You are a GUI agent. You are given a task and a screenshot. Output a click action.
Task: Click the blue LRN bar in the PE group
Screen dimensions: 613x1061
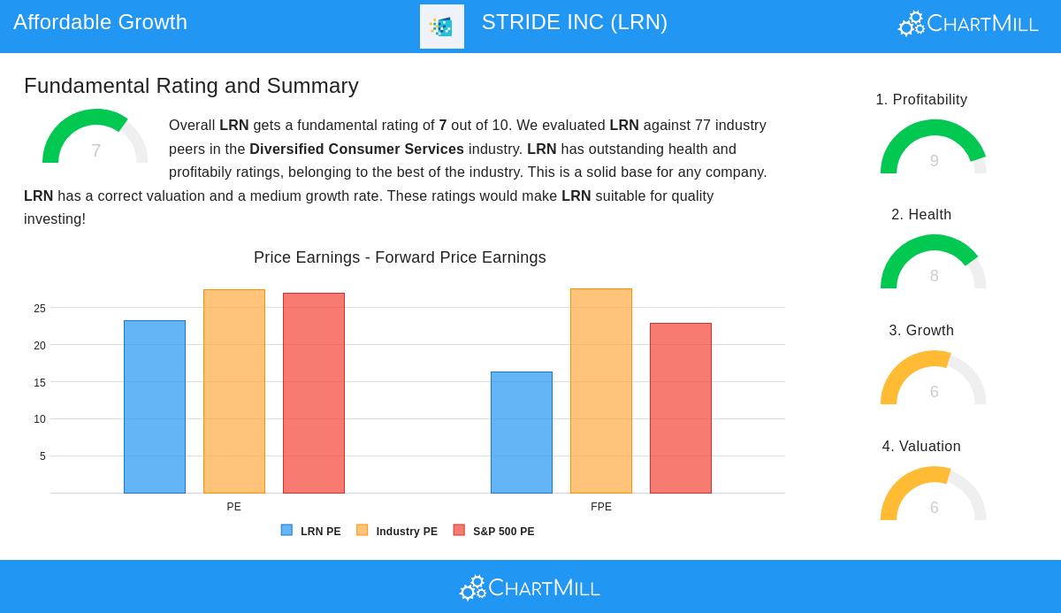(x=155, y=407)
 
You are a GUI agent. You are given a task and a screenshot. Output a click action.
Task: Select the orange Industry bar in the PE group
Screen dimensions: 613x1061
(x=234, y=391)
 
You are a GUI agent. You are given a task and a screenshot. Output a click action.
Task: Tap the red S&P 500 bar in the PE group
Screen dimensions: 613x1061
(x=314, y=393)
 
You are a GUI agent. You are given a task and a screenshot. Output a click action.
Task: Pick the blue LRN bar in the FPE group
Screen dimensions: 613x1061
(x=522, y=433)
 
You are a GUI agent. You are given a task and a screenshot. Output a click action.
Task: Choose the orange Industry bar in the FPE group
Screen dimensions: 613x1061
(x=601, y=391)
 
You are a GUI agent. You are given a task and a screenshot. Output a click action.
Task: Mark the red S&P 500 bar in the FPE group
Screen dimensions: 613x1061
(x=681, y=408)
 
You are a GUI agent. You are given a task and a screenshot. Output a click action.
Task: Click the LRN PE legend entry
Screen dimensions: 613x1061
(x=311, y=531)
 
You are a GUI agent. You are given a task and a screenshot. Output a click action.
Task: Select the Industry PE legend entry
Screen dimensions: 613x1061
(x=397, y=531)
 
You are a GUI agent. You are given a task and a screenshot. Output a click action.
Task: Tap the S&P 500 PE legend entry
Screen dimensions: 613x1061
(x=494, y=531)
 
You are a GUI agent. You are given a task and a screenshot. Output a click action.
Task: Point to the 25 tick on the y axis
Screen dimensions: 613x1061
(x=40, y=309)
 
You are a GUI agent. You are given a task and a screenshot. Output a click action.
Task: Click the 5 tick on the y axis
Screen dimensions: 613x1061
(x=42, y=456)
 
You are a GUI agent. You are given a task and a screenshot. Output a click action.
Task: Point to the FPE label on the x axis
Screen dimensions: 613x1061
(x=601, y=507)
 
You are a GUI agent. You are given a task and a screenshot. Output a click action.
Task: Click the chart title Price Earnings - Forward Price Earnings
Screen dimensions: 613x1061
(x=400, y=257)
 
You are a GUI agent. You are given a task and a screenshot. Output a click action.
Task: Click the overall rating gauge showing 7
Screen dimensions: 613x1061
(x=95, y=139)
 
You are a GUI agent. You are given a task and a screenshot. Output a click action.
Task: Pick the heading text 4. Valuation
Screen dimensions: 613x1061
(x=921, y=447)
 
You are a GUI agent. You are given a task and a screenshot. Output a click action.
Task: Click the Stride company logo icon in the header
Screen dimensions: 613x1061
(x=442, y=27)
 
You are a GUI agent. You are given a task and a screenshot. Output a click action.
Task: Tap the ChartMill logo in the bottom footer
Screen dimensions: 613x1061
(x=530, y=587)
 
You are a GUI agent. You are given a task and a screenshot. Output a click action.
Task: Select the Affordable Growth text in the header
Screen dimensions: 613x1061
(x=100, y=22)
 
